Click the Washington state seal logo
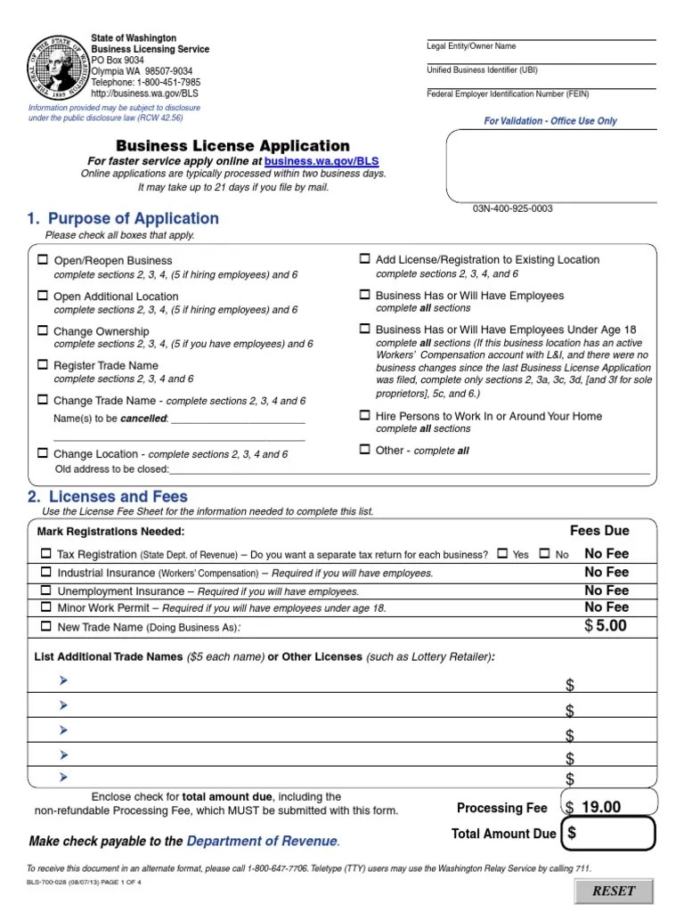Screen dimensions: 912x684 click(x=60, y=68)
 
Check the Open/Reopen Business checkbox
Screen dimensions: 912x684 click(x=43, y=260)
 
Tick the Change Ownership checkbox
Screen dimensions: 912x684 click(x=43, y=330)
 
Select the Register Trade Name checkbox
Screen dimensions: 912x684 click(x=43, y=365)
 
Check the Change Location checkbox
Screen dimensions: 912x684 click(x=43, y=453)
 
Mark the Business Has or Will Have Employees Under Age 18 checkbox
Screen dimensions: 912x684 click(x=364, y=329)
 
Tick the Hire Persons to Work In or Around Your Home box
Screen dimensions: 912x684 click(x=364, y=415)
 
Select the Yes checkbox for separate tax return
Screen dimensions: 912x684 click(x=502, y=554)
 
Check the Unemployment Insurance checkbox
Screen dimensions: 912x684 click(x=46, y=590)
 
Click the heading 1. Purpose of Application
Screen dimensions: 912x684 click(x=123, y=218)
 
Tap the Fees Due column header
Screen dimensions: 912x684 click(x=599, y=531)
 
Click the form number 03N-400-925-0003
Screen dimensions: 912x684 click(x=512, y=208)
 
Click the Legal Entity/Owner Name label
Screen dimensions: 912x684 click(x=471, y=46)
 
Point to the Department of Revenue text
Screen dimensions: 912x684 click(x=263, y=841)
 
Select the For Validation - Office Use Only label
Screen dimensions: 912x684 click(x=550, y=121)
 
